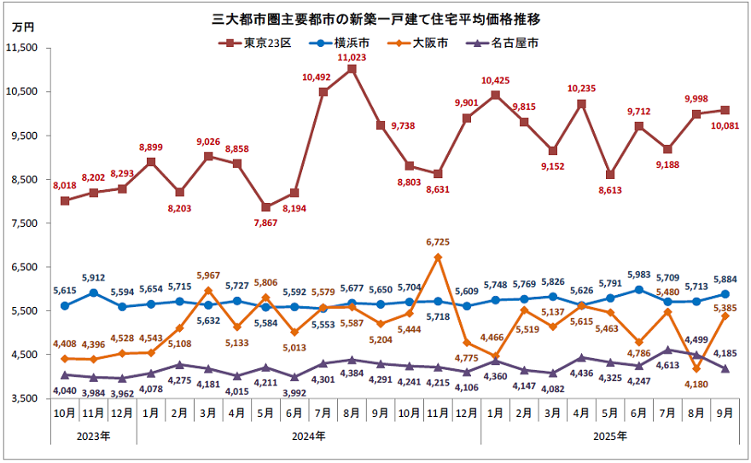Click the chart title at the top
pos(375,18)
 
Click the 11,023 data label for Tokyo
pos(352,57)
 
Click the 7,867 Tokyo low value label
pos(265,223)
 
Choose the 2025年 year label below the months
pos(609,436)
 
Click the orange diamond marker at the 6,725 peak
pos(438,258)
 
